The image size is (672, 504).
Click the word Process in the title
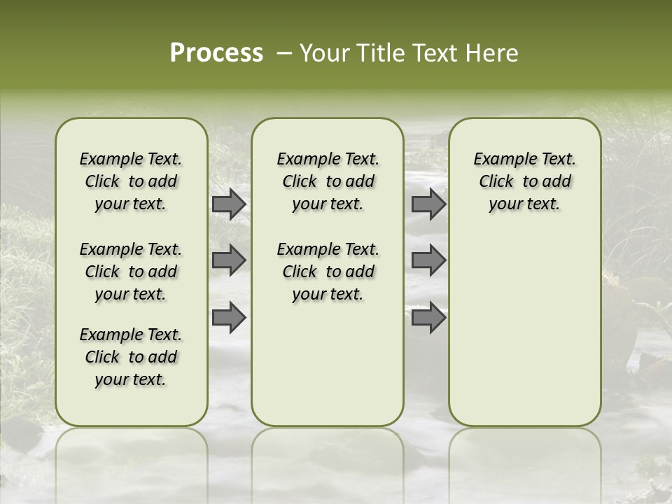(216, 53)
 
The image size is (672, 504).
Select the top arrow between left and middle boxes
(229, 204)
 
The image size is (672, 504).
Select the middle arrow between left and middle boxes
(229, 260)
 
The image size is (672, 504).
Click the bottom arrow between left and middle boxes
(229, 317)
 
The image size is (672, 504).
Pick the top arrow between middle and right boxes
(428, 204)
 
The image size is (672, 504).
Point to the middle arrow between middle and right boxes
(428, 260)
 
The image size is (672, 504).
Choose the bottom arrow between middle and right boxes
(428, 317)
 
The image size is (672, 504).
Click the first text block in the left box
(131, 181)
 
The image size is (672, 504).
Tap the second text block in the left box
(131, 272)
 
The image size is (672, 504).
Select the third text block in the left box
(131, 357)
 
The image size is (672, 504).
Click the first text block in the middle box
(328, 181)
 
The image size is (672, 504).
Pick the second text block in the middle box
(328, 272)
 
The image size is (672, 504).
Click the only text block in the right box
(525, 181)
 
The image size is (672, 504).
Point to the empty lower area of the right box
(525, 329)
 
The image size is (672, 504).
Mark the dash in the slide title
(284, 53)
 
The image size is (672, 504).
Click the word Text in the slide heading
(433, 53)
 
